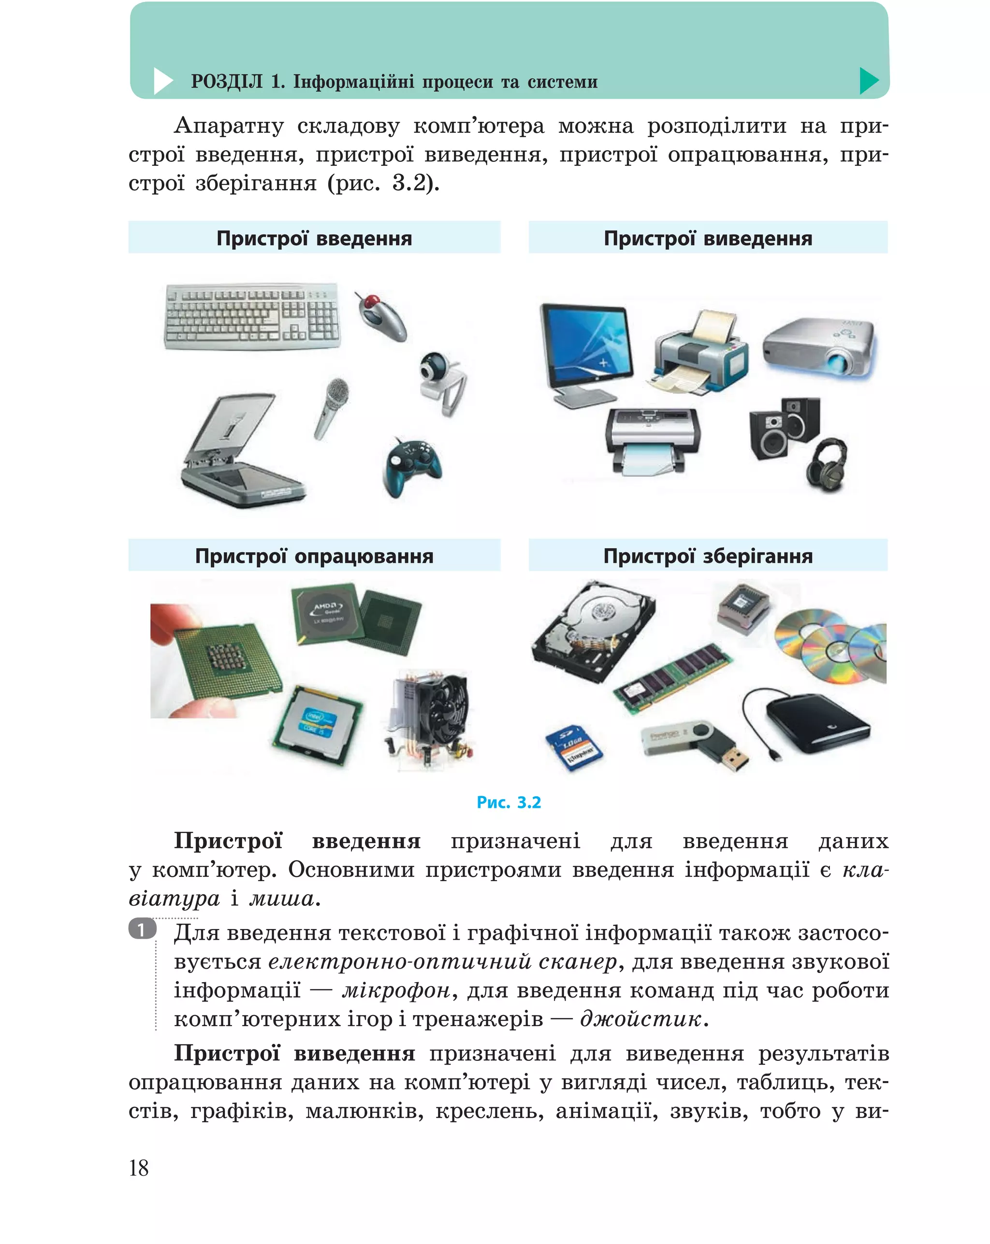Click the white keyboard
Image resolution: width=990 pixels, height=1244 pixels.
click(252, 315)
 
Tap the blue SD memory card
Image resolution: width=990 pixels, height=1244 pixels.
click(574, 748)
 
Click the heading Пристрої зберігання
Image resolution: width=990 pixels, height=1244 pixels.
click(707, 556)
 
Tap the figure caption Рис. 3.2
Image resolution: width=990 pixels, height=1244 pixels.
click(508, 802)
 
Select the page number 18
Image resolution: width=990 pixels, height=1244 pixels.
click(139, 1168)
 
